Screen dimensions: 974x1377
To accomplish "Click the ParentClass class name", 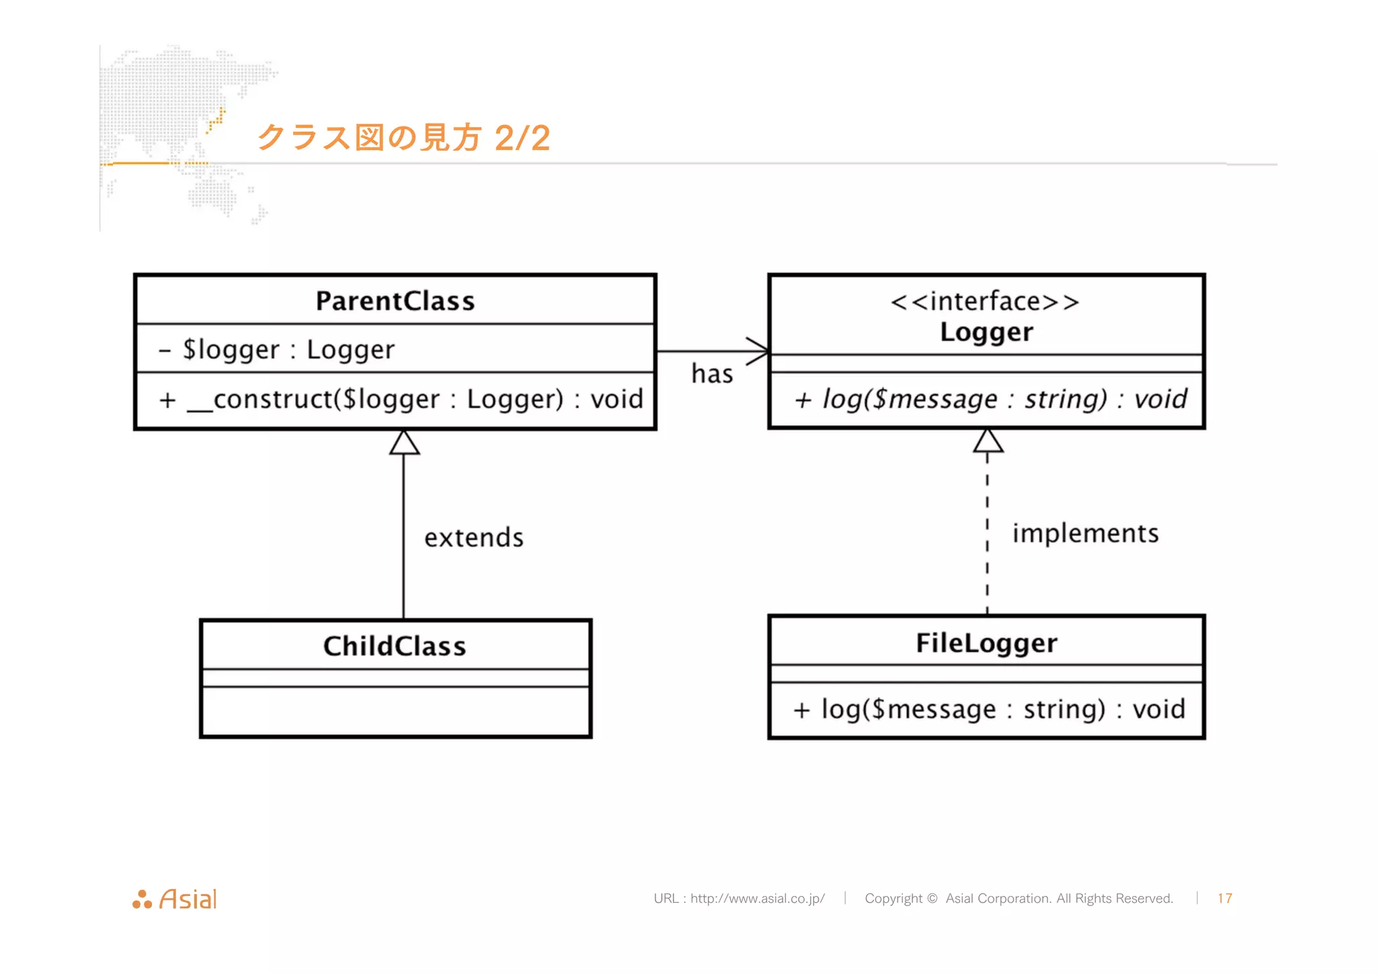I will (395, 301).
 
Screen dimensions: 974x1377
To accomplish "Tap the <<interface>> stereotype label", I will (985, 301).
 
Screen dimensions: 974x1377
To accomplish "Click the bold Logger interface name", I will (986, 332).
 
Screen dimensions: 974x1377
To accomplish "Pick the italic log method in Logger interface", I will (990, 400).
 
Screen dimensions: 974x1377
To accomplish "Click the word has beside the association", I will (712, 374).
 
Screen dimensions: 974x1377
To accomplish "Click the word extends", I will (474, 538).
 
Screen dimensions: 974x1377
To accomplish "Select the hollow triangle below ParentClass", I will (404, 443).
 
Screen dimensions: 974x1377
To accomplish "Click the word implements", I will (1085, 533).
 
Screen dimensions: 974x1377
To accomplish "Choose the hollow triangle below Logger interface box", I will (988, 441).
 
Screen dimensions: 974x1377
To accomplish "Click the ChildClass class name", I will (395, 646).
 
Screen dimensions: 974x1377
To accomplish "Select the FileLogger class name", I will (986, 643).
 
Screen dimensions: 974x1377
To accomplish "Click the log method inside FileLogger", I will (989, 710).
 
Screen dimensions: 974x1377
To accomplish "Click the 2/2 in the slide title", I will (522, 139).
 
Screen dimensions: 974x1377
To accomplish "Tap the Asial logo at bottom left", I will (175, 899).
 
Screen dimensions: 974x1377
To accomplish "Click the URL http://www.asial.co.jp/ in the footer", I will (757, 899).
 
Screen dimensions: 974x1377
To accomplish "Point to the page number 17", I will (1224, 899).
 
